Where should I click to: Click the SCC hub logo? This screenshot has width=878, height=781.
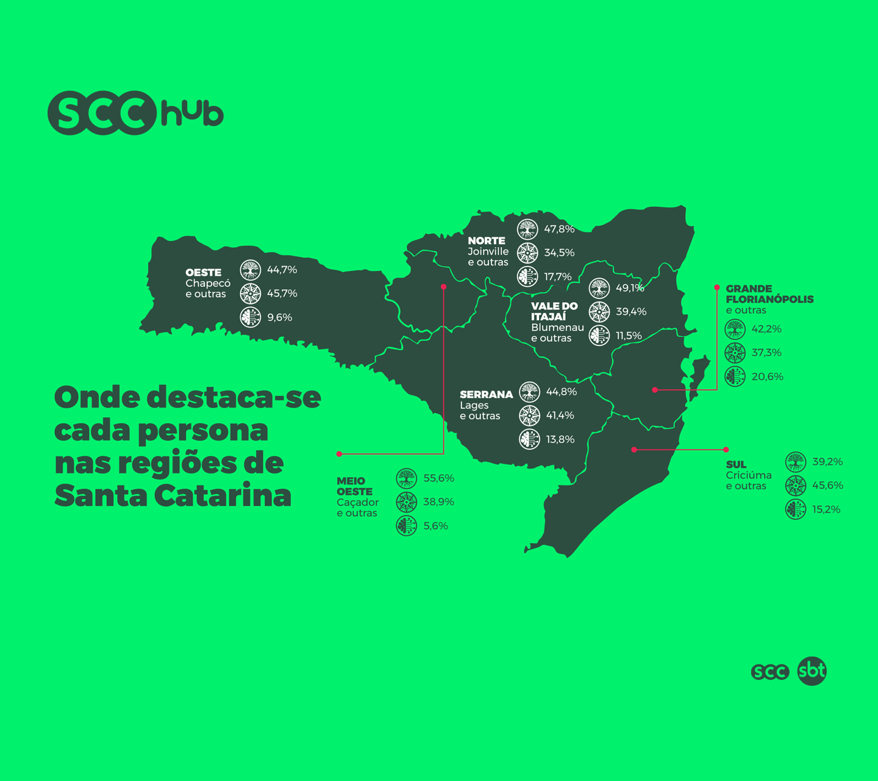point(135,113)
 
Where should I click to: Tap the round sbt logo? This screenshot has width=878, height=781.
point(812,671)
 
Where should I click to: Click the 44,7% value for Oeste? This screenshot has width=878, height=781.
point(282,270)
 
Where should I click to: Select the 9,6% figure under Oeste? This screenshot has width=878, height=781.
point(279,317)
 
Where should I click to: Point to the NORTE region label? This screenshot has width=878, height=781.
point(487,241)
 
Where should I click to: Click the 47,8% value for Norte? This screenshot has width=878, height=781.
point(559,229)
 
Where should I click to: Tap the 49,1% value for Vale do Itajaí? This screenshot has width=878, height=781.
point(630,288)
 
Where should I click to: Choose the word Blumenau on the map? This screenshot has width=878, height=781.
point(557,328)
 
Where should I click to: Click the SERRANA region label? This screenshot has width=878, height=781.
point(486,395)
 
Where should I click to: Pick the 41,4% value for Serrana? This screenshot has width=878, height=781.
point(560,416)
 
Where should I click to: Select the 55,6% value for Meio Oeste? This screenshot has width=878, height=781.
point(438,478)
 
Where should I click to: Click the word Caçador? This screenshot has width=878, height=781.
point(357,502)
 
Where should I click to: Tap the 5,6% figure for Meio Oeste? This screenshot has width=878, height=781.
point(435,526)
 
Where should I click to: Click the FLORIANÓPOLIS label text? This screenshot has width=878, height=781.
point(769,300)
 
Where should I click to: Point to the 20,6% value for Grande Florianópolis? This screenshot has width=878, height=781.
point(767,377)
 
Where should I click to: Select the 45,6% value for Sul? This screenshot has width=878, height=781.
point(827,486)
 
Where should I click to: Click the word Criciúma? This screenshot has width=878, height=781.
point(749,475)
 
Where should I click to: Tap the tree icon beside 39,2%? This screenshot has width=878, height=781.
point(796,462)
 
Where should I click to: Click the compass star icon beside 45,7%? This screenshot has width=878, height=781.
point(250,293)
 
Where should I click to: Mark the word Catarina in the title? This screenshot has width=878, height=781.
point(223,495)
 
